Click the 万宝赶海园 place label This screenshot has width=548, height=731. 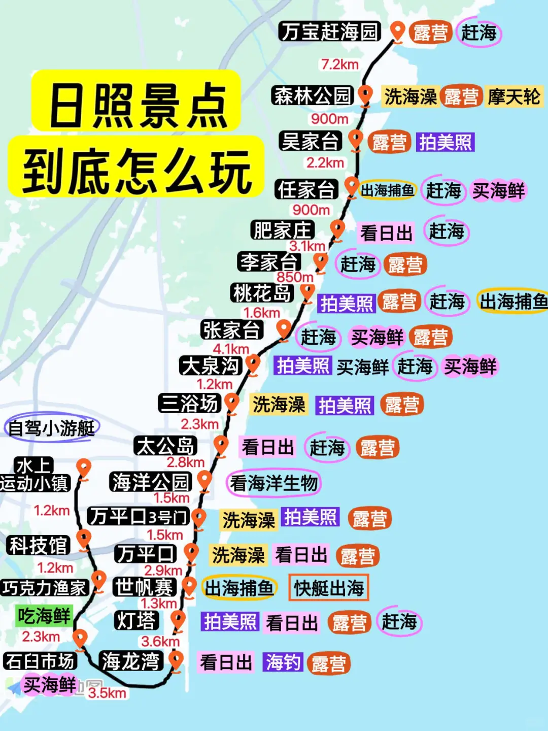329,31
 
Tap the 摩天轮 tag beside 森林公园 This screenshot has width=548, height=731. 514,96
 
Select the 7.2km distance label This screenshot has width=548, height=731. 339,64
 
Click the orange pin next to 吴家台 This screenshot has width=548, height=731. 356,139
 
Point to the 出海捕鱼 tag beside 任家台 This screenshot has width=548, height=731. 388,190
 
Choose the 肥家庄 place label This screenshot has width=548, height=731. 283,230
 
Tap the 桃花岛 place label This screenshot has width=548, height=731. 262,293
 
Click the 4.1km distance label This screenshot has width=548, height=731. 231,349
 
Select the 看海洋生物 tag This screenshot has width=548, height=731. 274,483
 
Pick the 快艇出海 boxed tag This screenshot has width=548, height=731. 329,588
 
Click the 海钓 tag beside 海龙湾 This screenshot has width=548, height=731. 283,662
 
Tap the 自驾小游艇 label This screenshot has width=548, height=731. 52,428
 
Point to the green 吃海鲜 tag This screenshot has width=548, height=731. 44,616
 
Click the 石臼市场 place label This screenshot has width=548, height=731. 40,661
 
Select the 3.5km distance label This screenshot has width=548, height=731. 107,693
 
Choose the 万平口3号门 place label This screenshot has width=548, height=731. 138,517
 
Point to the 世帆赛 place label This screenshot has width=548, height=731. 145,587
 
